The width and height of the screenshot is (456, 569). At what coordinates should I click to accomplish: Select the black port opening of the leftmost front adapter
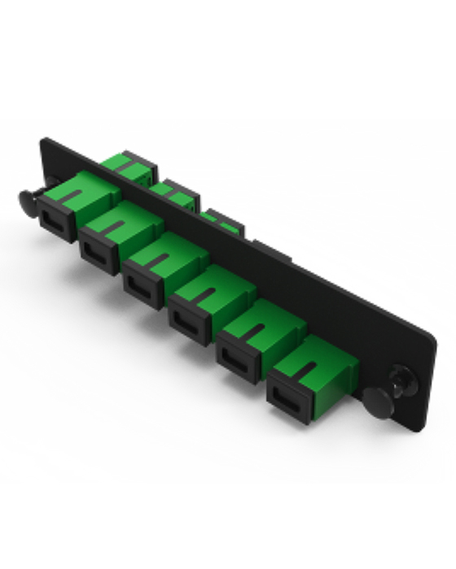[x=56, y=217]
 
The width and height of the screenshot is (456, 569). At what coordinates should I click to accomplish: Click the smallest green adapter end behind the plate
[x=220, y=219]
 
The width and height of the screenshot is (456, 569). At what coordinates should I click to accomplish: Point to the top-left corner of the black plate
[x=42, y=140]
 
